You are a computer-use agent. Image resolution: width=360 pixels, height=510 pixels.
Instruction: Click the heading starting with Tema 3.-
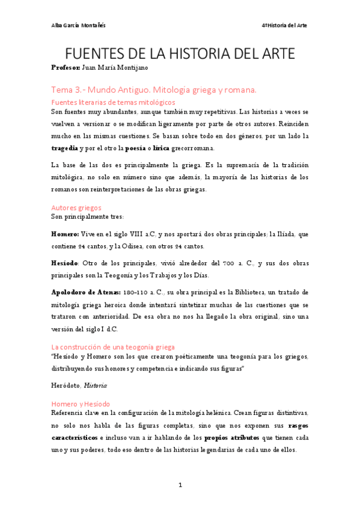click(154, 90)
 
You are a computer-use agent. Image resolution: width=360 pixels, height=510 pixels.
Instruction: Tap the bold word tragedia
click(64, 148)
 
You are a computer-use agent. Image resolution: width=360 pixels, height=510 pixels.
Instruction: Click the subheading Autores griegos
click(76, 207)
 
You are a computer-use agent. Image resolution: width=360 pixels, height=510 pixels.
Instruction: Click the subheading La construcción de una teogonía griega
click(113, 347)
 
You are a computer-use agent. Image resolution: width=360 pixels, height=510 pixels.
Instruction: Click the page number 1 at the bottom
click(180, 485)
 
